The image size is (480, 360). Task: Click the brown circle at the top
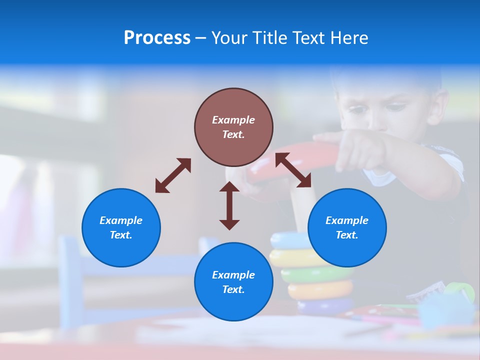tap(233, 127)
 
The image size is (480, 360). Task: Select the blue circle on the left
tap(121, 227)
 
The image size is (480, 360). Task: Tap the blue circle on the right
tap(347, 227)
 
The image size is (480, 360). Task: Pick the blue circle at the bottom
tap(233, 282)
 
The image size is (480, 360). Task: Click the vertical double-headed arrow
tap(229, 205)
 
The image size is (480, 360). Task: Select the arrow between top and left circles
tap(173, 175)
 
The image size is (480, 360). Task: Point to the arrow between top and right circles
tap(293, 170)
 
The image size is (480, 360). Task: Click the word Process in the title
tap(157, 38)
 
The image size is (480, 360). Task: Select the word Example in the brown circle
tap(233, 120)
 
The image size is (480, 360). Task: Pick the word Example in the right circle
tap(347, 220)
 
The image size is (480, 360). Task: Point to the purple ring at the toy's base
tap(325, 306)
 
